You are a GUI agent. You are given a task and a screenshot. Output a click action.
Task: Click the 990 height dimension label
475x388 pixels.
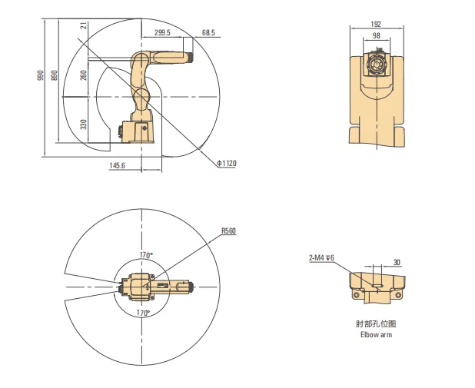coord(41,75)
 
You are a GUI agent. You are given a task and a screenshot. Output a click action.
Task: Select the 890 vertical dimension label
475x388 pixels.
coord(55,75)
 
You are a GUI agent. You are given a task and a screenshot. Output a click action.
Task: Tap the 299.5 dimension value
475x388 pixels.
coord(162,32)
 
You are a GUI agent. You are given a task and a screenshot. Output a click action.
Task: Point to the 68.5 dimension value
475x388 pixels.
coord(208,32)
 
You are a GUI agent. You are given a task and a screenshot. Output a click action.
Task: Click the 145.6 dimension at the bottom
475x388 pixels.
coord(118,165)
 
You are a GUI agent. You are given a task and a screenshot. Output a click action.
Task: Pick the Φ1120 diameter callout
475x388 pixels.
coord(227,164)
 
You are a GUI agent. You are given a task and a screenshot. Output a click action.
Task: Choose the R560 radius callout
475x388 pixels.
coord(228,230)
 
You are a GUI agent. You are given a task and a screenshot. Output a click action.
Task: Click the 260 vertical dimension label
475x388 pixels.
coord(84,75)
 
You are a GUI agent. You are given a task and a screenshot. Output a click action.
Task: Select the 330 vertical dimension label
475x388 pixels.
coord(84,124)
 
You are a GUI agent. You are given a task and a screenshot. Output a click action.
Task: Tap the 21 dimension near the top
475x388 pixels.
coord(85,25)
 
